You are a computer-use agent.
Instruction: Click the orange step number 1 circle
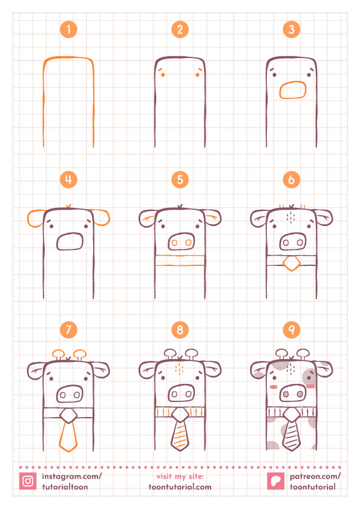[x=68, y=30]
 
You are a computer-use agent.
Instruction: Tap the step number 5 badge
[x=180, y=180]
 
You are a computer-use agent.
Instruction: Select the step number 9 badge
[x=292, y=329]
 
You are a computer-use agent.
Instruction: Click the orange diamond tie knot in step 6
[x=292, y=263]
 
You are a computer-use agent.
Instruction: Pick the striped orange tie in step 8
[x=180, y=436]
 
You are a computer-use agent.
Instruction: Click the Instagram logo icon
[x=28, y=481]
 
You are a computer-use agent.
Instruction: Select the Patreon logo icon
[x=275, y=481]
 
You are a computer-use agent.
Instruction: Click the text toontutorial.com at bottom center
[x=180, y=487]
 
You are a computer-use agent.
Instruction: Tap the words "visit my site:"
[x=180, y=476]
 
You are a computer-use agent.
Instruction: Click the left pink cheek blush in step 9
[x=273, y=387]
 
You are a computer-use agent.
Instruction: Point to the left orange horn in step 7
[x=59, y=354]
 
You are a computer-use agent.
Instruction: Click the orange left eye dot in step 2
[x=163, y=75]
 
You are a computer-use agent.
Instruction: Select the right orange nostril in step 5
[x=188, y=242]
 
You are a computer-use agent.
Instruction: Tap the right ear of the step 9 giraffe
[x=324, y=369]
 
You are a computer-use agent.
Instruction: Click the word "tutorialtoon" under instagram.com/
[x=65, y=487]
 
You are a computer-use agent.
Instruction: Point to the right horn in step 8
[x=192, y=354]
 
